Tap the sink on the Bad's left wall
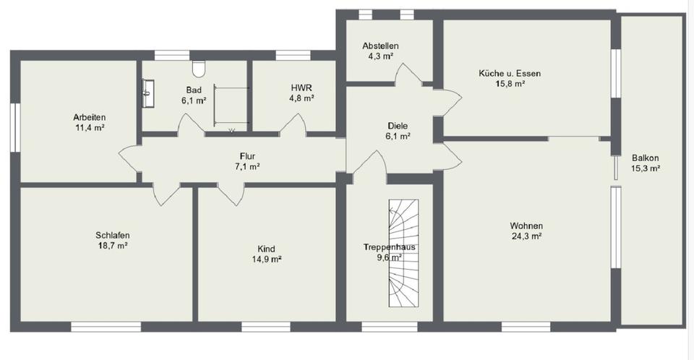(x=149, y=89)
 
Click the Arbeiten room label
(x=90, y=118)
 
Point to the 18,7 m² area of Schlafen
(x=112, y=246)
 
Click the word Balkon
(x=645, y=158)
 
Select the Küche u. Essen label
(x=510, y=73)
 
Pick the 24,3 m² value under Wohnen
(x=526, y=235)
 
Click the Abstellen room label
(x=380, y=46)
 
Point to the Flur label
(x=248, y=156)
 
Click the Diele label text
(x=398, y=125)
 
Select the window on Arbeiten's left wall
(x=14, y=127)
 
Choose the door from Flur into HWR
(x=292, y=125)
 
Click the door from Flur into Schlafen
(x=166, y=194)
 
